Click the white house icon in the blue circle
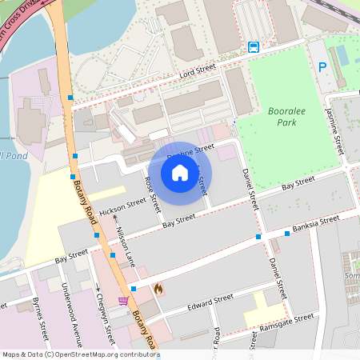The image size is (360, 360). click(180, 173)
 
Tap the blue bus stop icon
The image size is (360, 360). click(254, 46)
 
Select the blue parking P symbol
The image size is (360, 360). click(322, 68)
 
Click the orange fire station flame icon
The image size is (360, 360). click(158, 288)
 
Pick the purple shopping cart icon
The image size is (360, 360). click(123, 301)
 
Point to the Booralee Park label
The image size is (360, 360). click(282, 117)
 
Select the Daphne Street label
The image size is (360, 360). click(197, 150)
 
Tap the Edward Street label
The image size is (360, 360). click(210, 302)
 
